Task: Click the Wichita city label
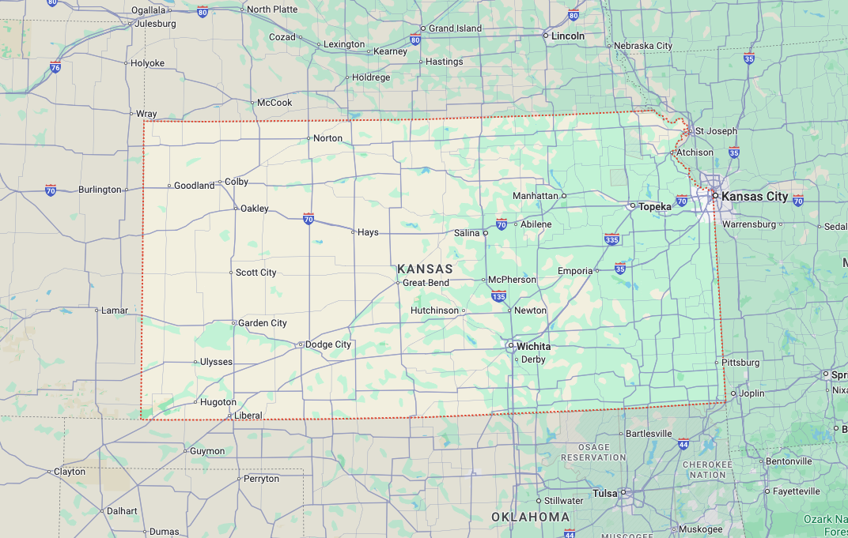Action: (x=534, y=346)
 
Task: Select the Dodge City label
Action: (x=328, y=344)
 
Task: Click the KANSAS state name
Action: (x=426, y=269)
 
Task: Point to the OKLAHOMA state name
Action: (x=530, y=517)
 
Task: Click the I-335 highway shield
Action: (x=611, y=239)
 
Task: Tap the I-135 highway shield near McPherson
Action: (x=498, y=296)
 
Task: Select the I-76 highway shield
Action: (x=55, y=67)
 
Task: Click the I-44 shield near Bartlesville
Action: (x=683, y=444)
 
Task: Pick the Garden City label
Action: (x=263, y=323)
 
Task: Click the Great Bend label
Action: (x=426, y=283)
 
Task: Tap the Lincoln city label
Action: (x=568, y=36)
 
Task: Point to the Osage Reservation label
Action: (x=593, y=452)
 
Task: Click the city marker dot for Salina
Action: (x=486, y=233)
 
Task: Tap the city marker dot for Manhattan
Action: (x=564, y=195)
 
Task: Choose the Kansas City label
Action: (x=755, y=196)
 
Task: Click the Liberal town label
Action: (x=248, y=416)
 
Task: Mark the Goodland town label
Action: (x=194, y=186)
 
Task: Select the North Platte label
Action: (x=272, y=9)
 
